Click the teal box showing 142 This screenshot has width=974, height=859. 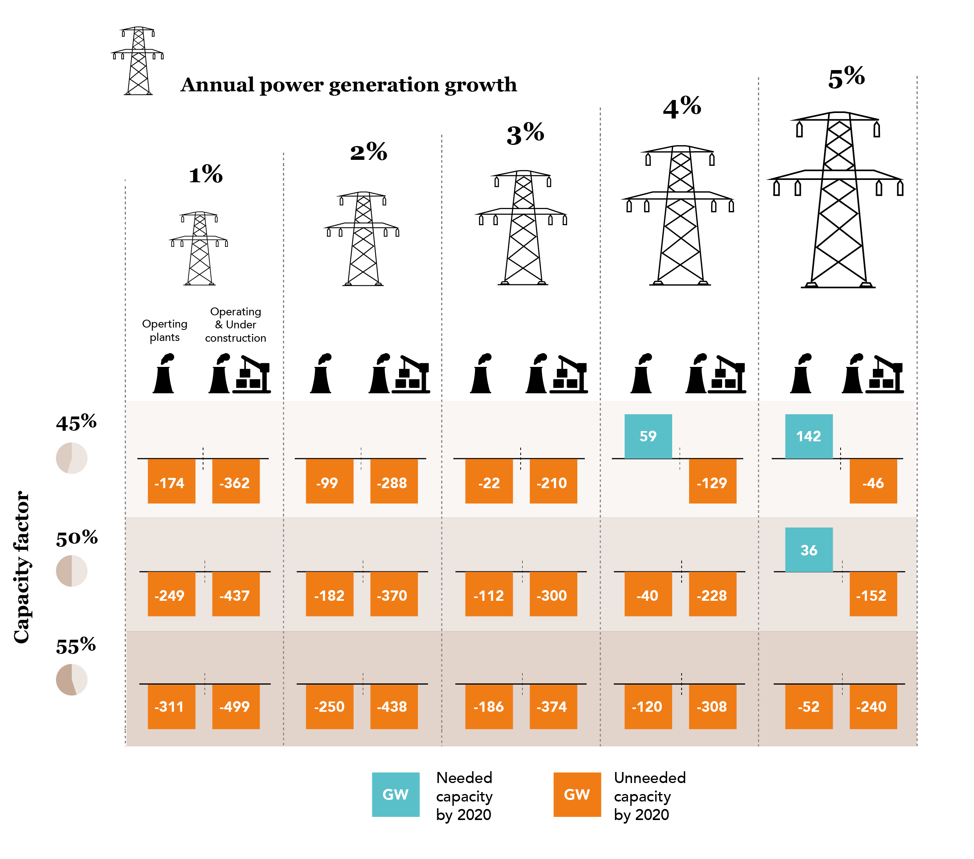(x=809, y=436)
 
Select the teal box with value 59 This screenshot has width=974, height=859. (x=648, y=436)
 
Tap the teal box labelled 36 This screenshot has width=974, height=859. (x=809, y=550)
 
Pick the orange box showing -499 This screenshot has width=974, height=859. (x=236, y=707)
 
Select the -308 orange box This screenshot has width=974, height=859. (x=712, y=707)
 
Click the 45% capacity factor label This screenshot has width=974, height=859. (x=76, y=423)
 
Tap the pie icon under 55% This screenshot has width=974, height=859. (x=72, y=680)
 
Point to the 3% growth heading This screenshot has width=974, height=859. (x=525, y=134)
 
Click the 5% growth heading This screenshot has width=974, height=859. (x=846, y=78)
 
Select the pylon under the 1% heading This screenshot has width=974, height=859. (x=199, y=248)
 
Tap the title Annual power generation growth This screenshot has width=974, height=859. (x=348, y=85)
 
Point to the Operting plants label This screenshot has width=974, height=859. (x=164, y=330)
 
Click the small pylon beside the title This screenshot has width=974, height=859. (x=138, y=61)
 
